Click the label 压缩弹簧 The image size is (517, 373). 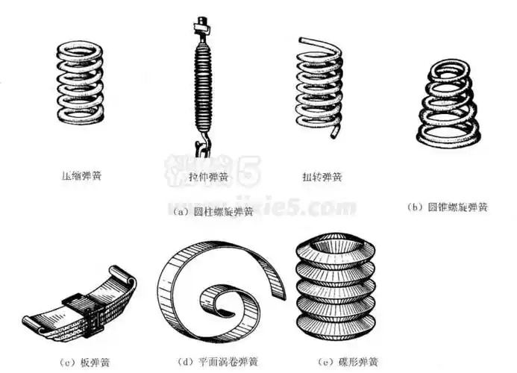coord(81,177)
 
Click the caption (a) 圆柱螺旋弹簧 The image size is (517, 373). coord(212,211)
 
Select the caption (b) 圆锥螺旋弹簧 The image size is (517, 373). coord(448,207)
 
